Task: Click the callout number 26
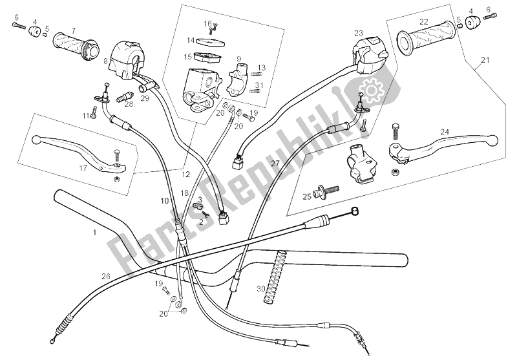(x=106, y=276)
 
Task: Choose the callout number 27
(x=275, y=164)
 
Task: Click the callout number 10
(x=165, y=202)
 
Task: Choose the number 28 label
(x=129, y=103)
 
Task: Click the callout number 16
(x=208, y=23)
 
